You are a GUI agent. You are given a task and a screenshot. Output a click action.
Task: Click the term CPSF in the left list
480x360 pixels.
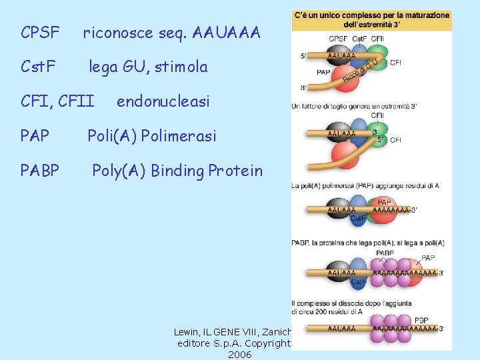(x=40, y=32)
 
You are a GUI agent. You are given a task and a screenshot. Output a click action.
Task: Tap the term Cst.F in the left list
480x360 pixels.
(x=38, y=67)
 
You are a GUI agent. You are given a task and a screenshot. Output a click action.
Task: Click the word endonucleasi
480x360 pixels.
(x=163, y=101)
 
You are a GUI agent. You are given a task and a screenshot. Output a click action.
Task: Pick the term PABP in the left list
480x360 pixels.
(x=40, y=171)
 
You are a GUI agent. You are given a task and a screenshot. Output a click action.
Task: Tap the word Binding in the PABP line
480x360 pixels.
(x=177, y=171)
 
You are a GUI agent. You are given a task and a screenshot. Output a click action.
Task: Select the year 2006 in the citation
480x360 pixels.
(x=239, y=355)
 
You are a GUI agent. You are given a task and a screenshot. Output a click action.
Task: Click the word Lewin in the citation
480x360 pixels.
(x=187, y=331)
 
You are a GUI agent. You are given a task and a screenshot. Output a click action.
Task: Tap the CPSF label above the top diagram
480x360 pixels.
(x=338, y=39)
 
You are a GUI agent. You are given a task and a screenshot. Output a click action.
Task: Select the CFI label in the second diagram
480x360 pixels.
(x=395, y=140)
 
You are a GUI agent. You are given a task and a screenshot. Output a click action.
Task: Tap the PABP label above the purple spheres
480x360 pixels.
(x=385, y=253)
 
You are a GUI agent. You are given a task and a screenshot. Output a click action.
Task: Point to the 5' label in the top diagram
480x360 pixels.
(x=304, y=55)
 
